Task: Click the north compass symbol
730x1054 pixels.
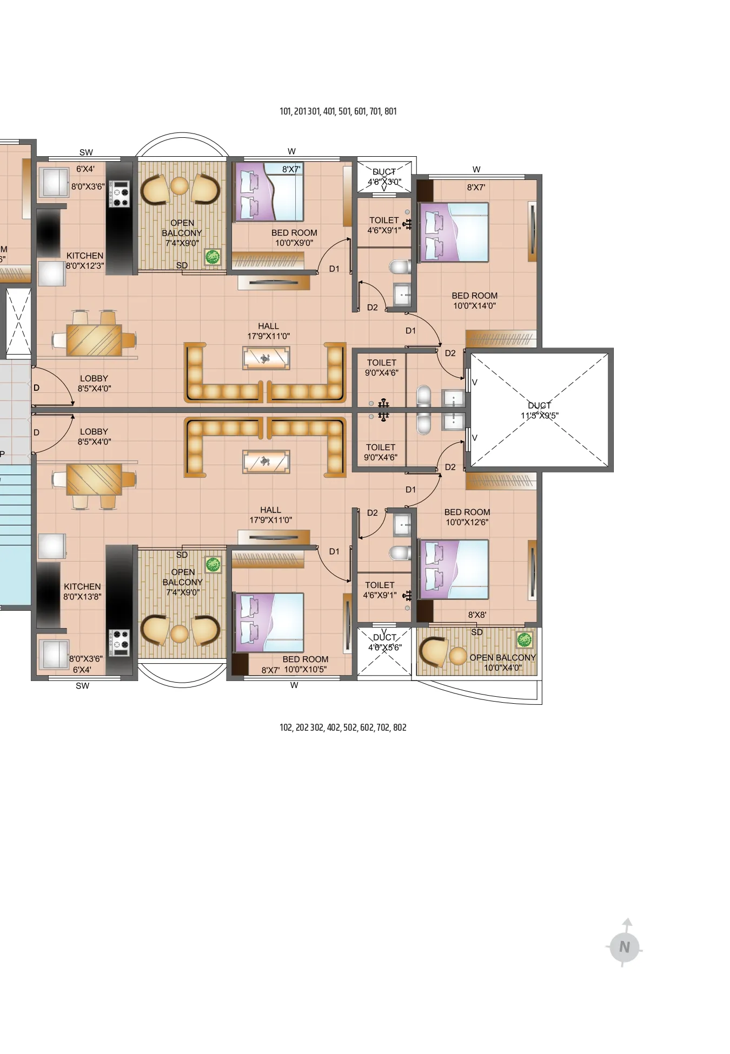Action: tap(624, 946)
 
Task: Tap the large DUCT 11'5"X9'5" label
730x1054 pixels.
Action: tap(539, 410)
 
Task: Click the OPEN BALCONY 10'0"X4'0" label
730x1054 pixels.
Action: tap(502, 662)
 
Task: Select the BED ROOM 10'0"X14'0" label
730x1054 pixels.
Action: tap(474, 301)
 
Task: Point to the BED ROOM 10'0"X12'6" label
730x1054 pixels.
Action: tap(467, 517)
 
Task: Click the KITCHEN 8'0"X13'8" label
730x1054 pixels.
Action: tap(82, 591)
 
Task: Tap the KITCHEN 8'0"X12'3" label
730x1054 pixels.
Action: tap(85, 261)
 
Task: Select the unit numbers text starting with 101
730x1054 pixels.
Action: tap(338, 111)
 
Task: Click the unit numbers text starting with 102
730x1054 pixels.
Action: tap(343, 728)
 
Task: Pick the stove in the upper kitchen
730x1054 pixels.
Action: tap(119, 194)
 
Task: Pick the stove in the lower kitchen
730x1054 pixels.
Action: tap(119, 642)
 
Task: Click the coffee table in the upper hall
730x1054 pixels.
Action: tap(266, 358)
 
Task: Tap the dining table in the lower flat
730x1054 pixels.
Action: tap(94, 479)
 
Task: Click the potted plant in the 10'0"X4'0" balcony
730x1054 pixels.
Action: tap(524, 640)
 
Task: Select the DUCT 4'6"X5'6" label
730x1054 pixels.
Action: tap(384, 642)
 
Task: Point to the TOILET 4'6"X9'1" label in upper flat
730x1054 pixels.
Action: tap(383, 225)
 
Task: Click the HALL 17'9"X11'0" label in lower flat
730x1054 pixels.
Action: tap(270, 515)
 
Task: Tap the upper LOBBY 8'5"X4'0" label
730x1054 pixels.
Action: tap(94, 383)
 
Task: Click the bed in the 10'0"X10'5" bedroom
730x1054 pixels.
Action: tap(269, 623)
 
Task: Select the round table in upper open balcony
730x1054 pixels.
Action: tap(180, 186)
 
